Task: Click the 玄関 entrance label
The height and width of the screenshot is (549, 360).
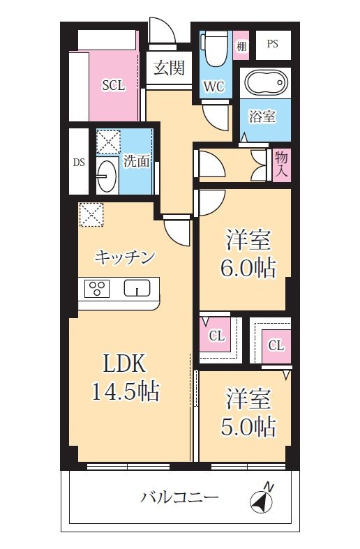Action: (x=169, y=68)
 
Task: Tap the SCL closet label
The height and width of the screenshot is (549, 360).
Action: (x=113, y=86)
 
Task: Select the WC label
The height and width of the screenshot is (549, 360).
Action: (x=213, y=87)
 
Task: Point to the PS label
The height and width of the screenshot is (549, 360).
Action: (x=272, y=44)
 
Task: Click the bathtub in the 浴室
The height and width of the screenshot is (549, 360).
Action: (x=266, y=84)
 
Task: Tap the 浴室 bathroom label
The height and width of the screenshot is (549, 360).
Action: (x=262, y=116)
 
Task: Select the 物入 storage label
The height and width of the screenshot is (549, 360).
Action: (x=281, y=163)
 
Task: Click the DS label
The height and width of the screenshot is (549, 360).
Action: (x=79, y=162)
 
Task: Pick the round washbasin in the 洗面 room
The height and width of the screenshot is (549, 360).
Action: (x=106, y=176)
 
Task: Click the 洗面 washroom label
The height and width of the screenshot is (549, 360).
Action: (x=137, y=161)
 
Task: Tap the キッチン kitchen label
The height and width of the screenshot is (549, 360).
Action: (x=124, y=257)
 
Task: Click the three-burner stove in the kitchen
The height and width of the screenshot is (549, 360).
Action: (x=97, y=288)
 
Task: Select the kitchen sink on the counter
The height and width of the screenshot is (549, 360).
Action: (x=137, y=287)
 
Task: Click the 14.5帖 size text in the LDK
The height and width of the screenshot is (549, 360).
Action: (x=126, y=391)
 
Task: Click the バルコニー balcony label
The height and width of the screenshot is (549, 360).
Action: (x=180, y=498)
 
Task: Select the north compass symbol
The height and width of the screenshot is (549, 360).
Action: (x=261, y=499)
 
